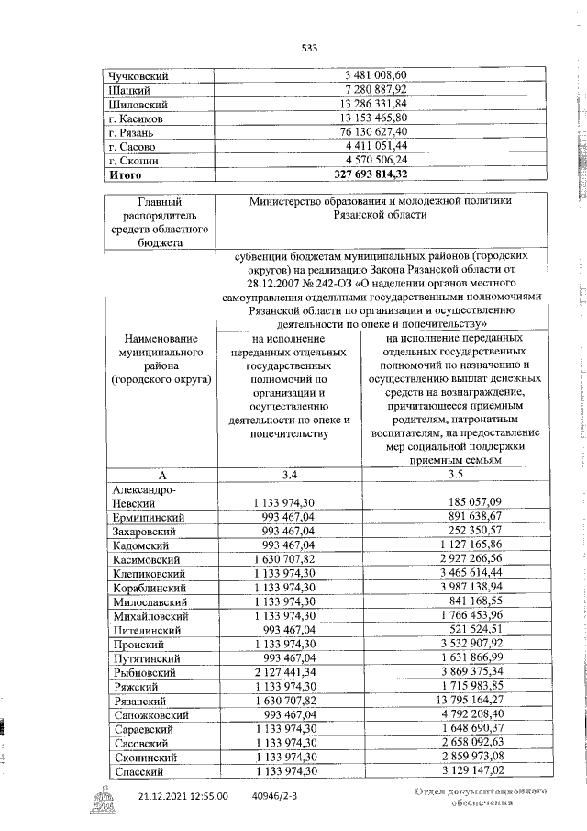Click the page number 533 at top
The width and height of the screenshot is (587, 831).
click(x=309, y=49)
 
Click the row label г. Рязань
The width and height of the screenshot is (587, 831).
click(x=134, y=131)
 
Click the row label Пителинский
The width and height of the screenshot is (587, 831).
click(x=149, y=629)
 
